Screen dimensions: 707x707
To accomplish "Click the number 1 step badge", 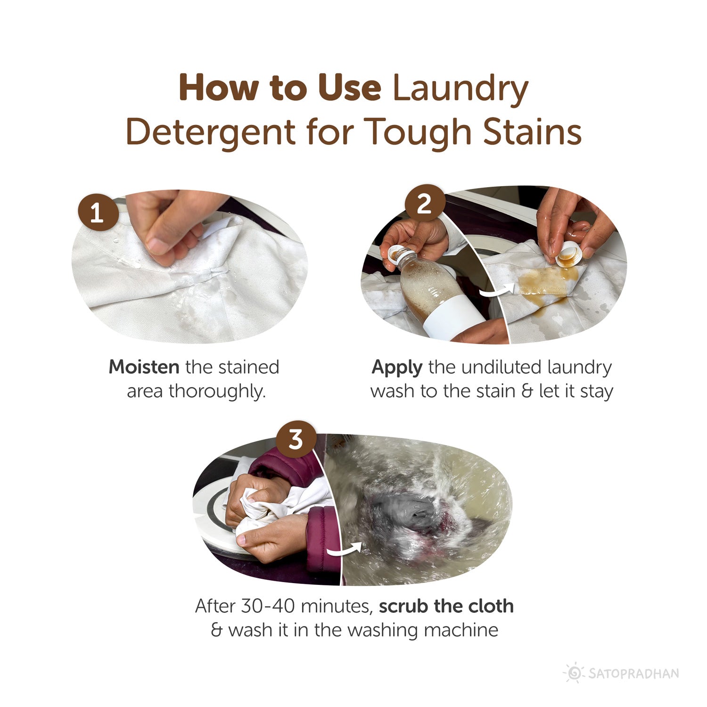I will point(98,213).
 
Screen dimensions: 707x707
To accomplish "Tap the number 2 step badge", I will point(425,205).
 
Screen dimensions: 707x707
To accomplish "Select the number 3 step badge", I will point(296,440).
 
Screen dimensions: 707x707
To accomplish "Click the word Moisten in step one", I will point(144,367).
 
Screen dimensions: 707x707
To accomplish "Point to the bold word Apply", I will point(396,368).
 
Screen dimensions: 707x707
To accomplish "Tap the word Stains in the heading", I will point(532,132).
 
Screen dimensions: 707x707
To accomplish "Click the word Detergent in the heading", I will point(211,133).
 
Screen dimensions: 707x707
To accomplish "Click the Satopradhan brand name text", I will point(633,673).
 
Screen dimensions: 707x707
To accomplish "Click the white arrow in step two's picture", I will point(495,290).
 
